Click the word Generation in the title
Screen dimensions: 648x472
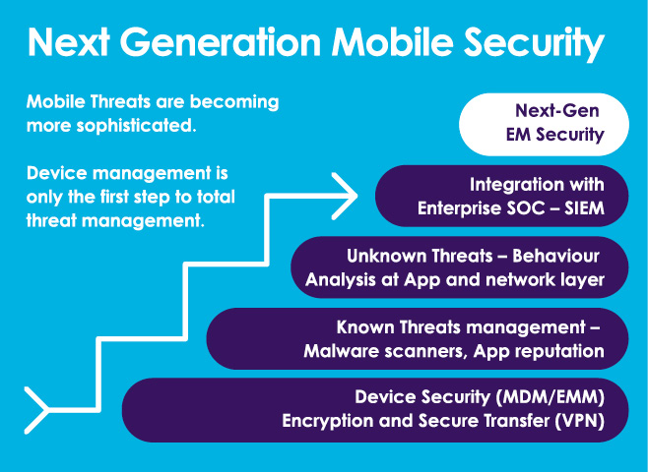click(221, 42)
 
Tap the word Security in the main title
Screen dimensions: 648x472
click(534, 43)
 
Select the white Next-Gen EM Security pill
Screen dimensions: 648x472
click(544, 124)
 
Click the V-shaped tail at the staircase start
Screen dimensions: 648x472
click(36, 410)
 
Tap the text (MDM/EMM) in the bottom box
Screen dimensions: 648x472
click(550, 397)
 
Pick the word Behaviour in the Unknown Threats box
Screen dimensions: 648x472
click(555, 256)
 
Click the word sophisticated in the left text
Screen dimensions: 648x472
click(136, 126)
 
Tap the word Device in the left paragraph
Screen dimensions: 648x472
click(56, 173)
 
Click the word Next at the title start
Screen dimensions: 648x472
click(69, 42)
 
